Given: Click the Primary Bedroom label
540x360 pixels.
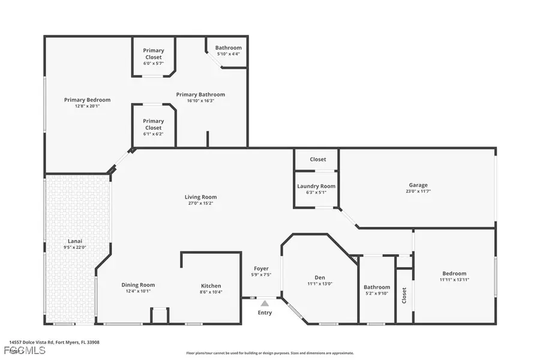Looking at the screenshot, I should tap(87, 100).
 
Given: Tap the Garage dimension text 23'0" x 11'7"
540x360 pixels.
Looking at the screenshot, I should tap(418, 191).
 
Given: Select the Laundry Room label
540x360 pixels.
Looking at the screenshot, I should tap(316, 186).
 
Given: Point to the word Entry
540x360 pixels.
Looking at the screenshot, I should tap(265, 313).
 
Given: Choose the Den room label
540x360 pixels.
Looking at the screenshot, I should tap(320, 277).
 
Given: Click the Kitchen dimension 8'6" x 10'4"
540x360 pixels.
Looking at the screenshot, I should tap(211, 292).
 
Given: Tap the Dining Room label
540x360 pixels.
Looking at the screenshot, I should tap(138, 285).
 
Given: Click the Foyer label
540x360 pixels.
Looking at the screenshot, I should tap(261, 268).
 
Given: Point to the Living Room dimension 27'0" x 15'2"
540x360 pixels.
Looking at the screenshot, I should tap(200, 203).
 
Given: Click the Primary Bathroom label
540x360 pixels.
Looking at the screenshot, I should tap(200, 94).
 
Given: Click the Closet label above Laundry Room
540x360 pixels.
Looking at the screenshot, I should tap(318, 159).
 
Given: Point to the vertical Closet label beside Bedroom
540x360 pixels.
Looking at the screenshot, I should tap(404, 295).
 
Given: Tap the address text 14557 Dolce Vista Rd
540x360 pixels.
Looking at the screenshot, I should tap(36, 343).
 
